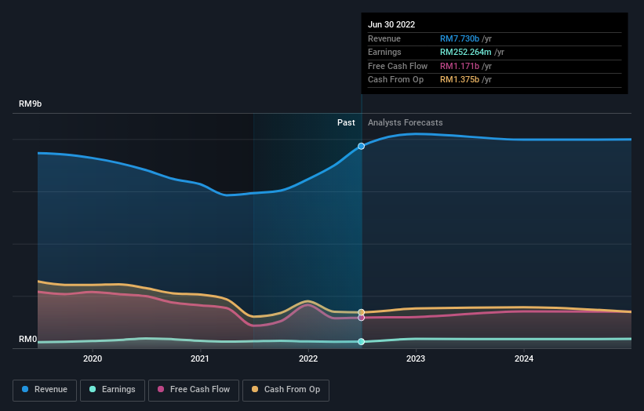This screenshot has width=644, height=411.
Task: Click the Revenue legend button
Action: [x=45, y=390]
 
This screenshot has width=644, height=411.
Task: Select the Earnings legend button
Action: [x=112, y=390]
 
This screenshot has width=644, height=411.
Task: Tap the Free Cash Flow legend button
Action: [x=194, y=390]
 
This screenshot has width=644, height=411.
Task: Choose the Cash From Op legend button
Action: [x=286, y=390]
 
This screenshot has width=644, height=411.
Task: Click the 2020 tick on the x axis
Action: [x=93, y=359]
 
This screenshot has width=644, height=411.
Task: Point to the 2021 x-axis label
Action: [x=200, y=359]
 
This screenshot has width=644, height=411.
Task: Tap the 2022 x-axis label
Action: [x=308, y=359]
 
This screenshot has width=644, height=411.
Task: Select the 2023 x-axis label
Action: [x=416, y=359]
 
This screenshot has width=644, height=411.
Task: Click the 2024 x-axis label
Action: [x=524, y=359]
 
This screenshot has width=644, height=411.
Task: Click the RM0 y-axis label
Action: [x=28, y=340]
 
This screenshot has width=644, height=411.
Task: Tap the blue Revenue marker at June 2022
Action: [x=362, y=146]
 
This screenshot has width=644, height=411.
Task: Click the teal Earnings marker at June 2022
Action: [x=362, y=342]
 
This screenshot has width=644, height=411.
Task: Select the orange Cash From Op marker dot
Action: [x=362, y=312]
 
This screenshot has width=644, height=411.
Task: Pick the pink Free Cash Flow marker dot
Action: [x=362, y=318]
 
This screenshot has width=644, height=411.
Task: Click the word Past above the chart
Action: [x=346, y=123]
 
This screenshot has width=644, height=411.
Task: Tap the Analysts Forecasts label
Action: [x=405, y=123]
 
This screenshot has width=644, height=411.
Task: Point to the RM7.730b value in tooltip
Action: [x=460, y=39]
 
